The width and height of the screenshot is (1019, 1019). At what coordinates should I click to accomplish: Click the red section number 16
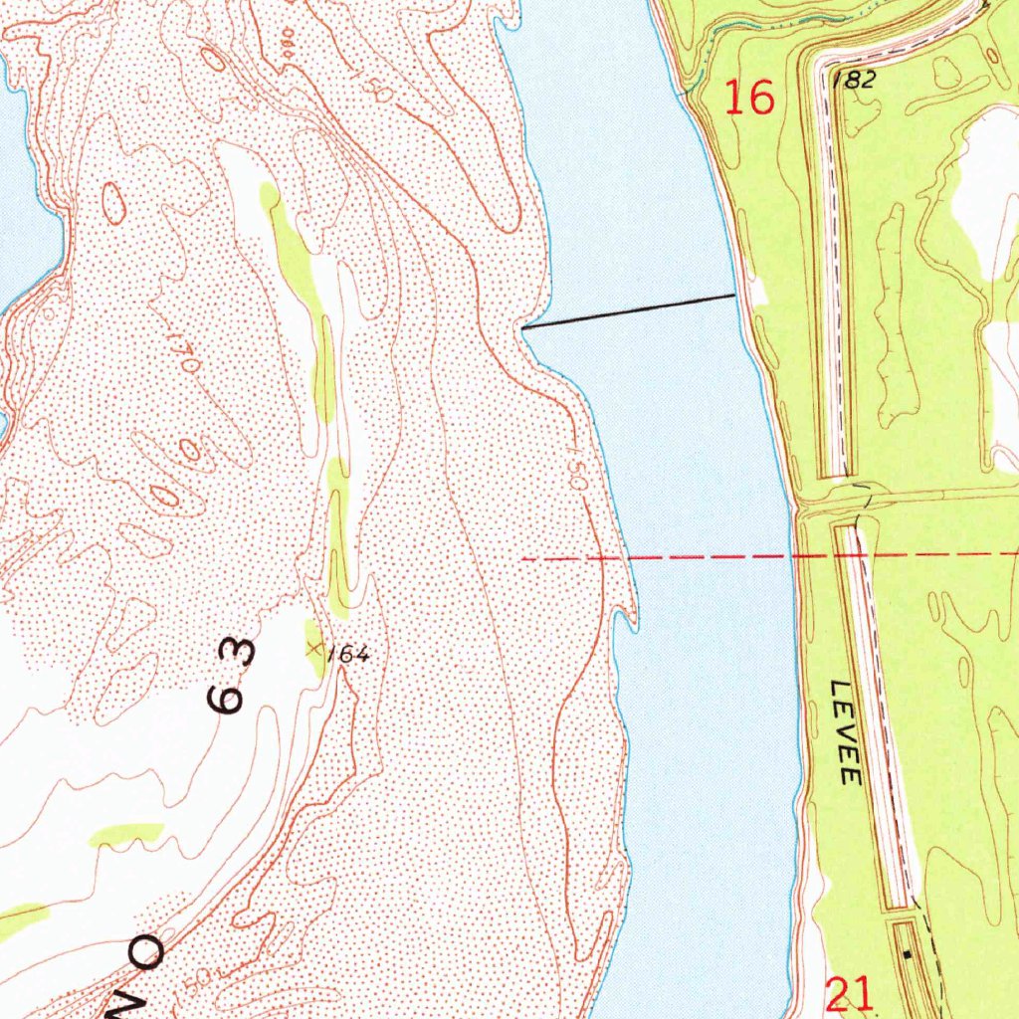click(748, 98)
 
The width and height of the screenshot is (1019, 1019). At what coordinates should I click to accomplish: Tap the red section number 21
click(850, 993)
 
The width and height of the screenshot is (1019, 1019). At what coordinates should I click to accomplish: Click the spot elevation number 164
click(347, 654)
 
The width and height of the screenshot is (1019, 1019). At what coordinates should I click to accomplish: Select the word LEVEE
click(846, 732)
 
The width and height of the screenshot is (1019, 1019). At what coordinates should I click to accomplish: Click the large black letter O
click(146, 952)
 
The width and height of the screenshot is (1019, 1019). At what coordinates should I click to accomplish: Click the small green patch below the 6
click(126, 834)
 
